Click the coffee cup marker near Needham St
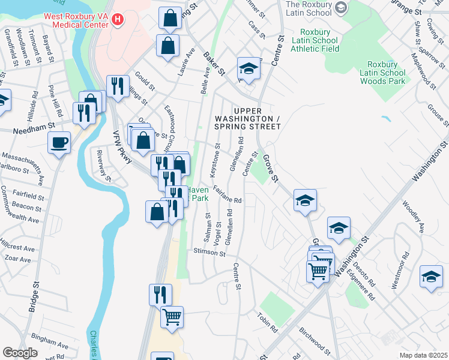(x=59, y=143)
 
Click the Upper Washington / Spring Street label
(x=248, y=119)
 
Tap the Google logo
(x=20, y=353)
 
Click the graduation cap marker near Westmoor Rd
(x=430, y=276)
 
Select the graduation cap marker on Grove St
(x=305, y=200)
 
